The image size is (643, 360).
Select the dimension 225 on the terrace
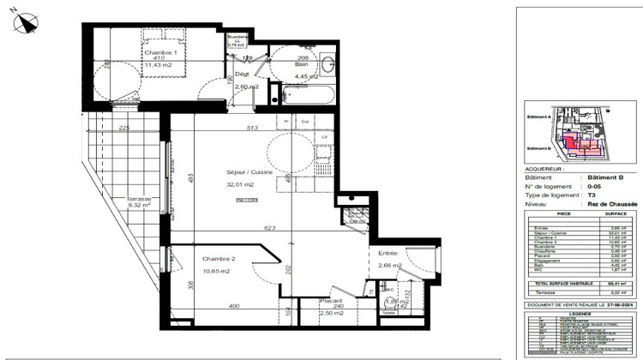pos(124,129)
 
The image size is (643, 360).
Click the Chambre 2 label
pos(219,258)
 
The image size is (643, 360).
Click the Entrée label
pos(381,253)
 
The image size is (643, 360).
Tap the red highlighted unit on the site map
pos(576,146)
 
